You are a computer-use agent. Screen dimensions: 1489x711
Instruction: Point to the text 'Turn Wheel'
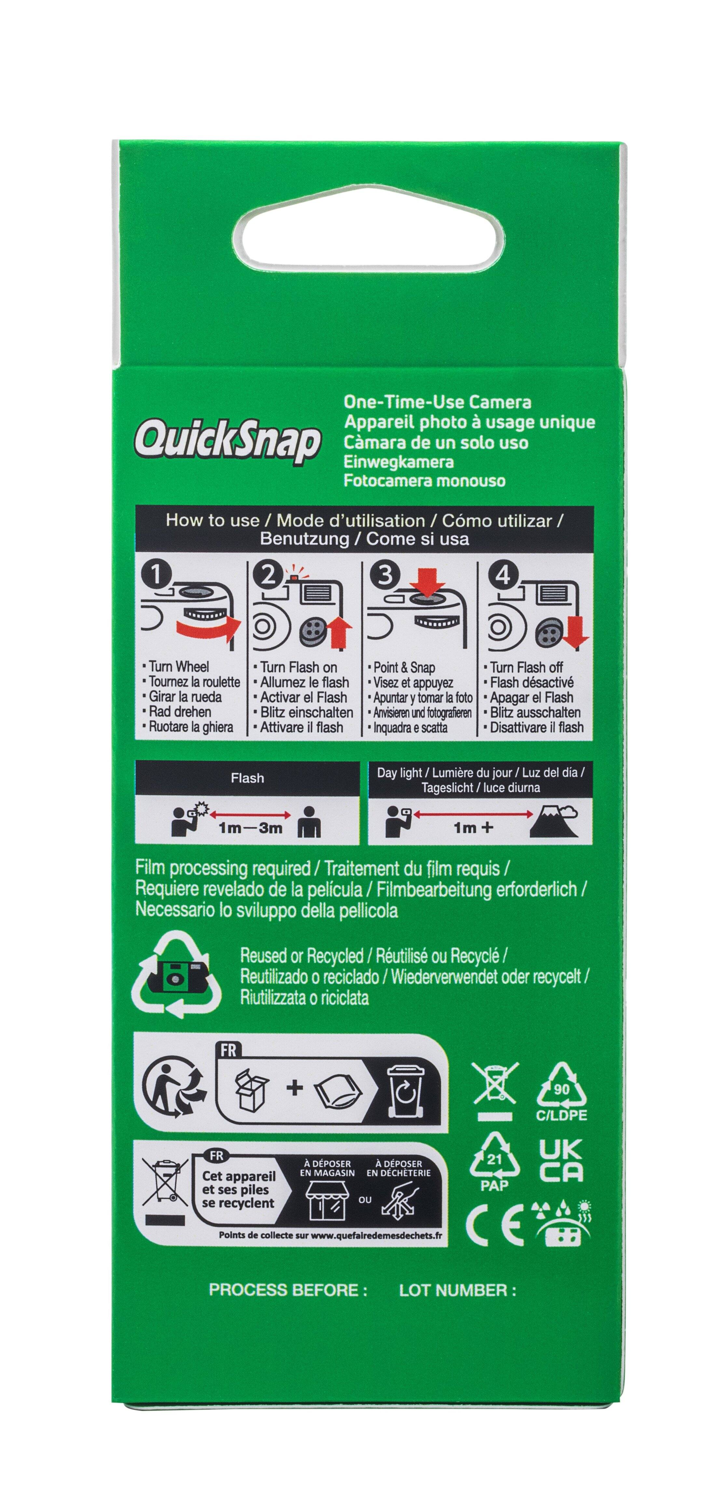pyautogui.click(x=178, y=666)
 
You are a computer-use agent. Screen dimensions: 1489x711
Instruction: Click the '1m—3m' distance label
pyautogui.click(x=251, y=828)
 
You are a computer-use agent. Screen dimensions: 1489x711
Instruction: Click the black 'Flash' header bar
pyautogui.click(x=247, y=778)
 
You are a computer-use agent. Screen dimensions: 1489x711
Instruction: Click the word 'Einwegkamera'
pyautogui.click(x=399, y=462)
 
